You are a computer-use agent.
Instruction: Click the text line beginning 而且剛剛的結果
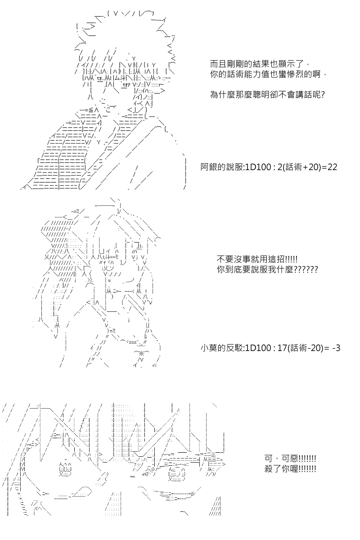click(x=258, y=64)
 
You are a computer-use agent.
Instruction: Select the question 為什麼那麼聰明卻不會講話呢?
click(x=267, y=95)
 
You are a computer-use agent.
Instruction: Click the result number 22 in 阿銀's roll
click(x=332, y=167)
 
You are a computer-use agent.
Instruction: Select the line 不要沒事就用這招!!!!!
click(x=257, y=260)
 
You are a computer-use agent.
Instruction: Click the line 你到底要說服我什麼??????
click(x=267, y=270)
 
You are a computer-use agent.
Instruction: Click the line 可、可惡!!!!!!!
click(x=290, y=458)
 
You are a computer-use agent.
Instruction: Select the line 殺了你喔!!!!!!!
click(x=290, y=469)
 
